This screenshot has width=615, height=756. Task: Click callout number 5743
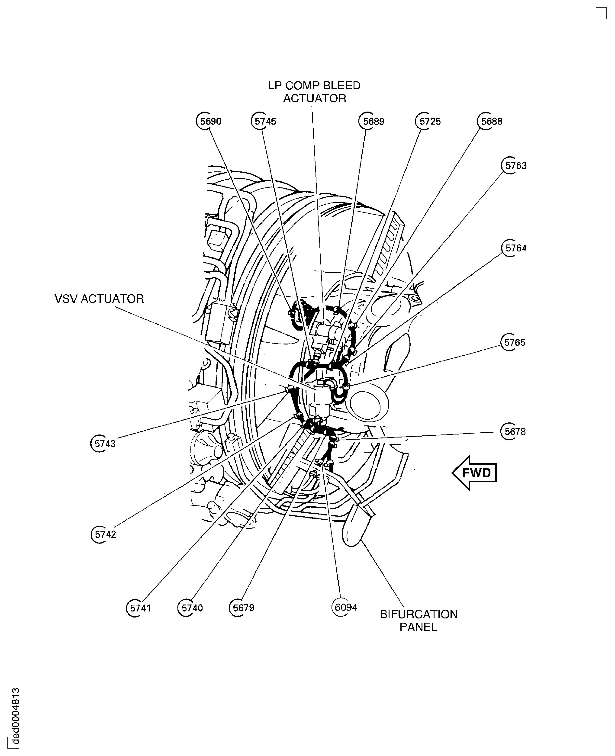point(104,444)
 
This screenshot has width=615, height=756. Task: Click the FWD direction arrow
point(475,473)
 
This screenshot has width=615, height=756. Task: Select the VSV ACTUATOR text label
point(99,299)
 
